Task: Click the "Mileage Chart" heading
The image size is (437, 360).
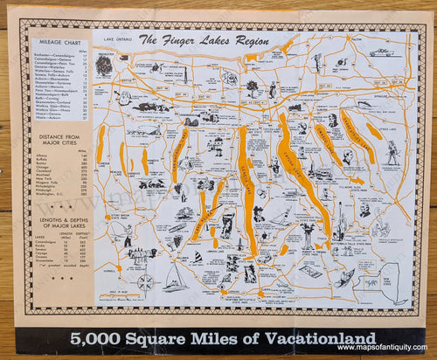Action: (62, 43)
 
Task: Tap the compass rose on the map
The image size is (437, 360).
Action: (147, 282)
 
